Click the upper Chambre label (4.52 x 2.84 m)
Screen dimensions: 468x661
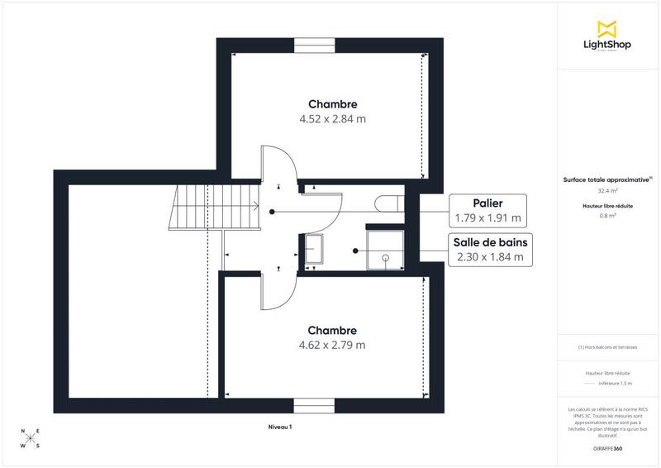(x=332, y=111)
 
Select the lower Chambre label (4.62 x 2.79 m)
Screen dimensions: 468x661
(x=332, y=337)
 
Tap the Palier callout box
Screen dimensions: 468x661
(x=487, y=211)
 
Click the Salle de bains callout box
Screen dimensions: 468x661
(x=489, y=249)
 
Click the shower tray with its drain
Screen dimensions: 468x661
(x=385, y=249)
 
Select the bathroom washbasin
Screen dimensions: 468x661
(x=314, y=249)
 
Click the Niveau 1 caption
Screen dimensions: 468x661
(x=280, y=427)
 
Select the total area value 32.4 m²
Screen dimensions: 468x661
(x=607, y=190)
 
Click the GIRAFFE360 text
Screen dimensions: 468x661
(x=607, y=447)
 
